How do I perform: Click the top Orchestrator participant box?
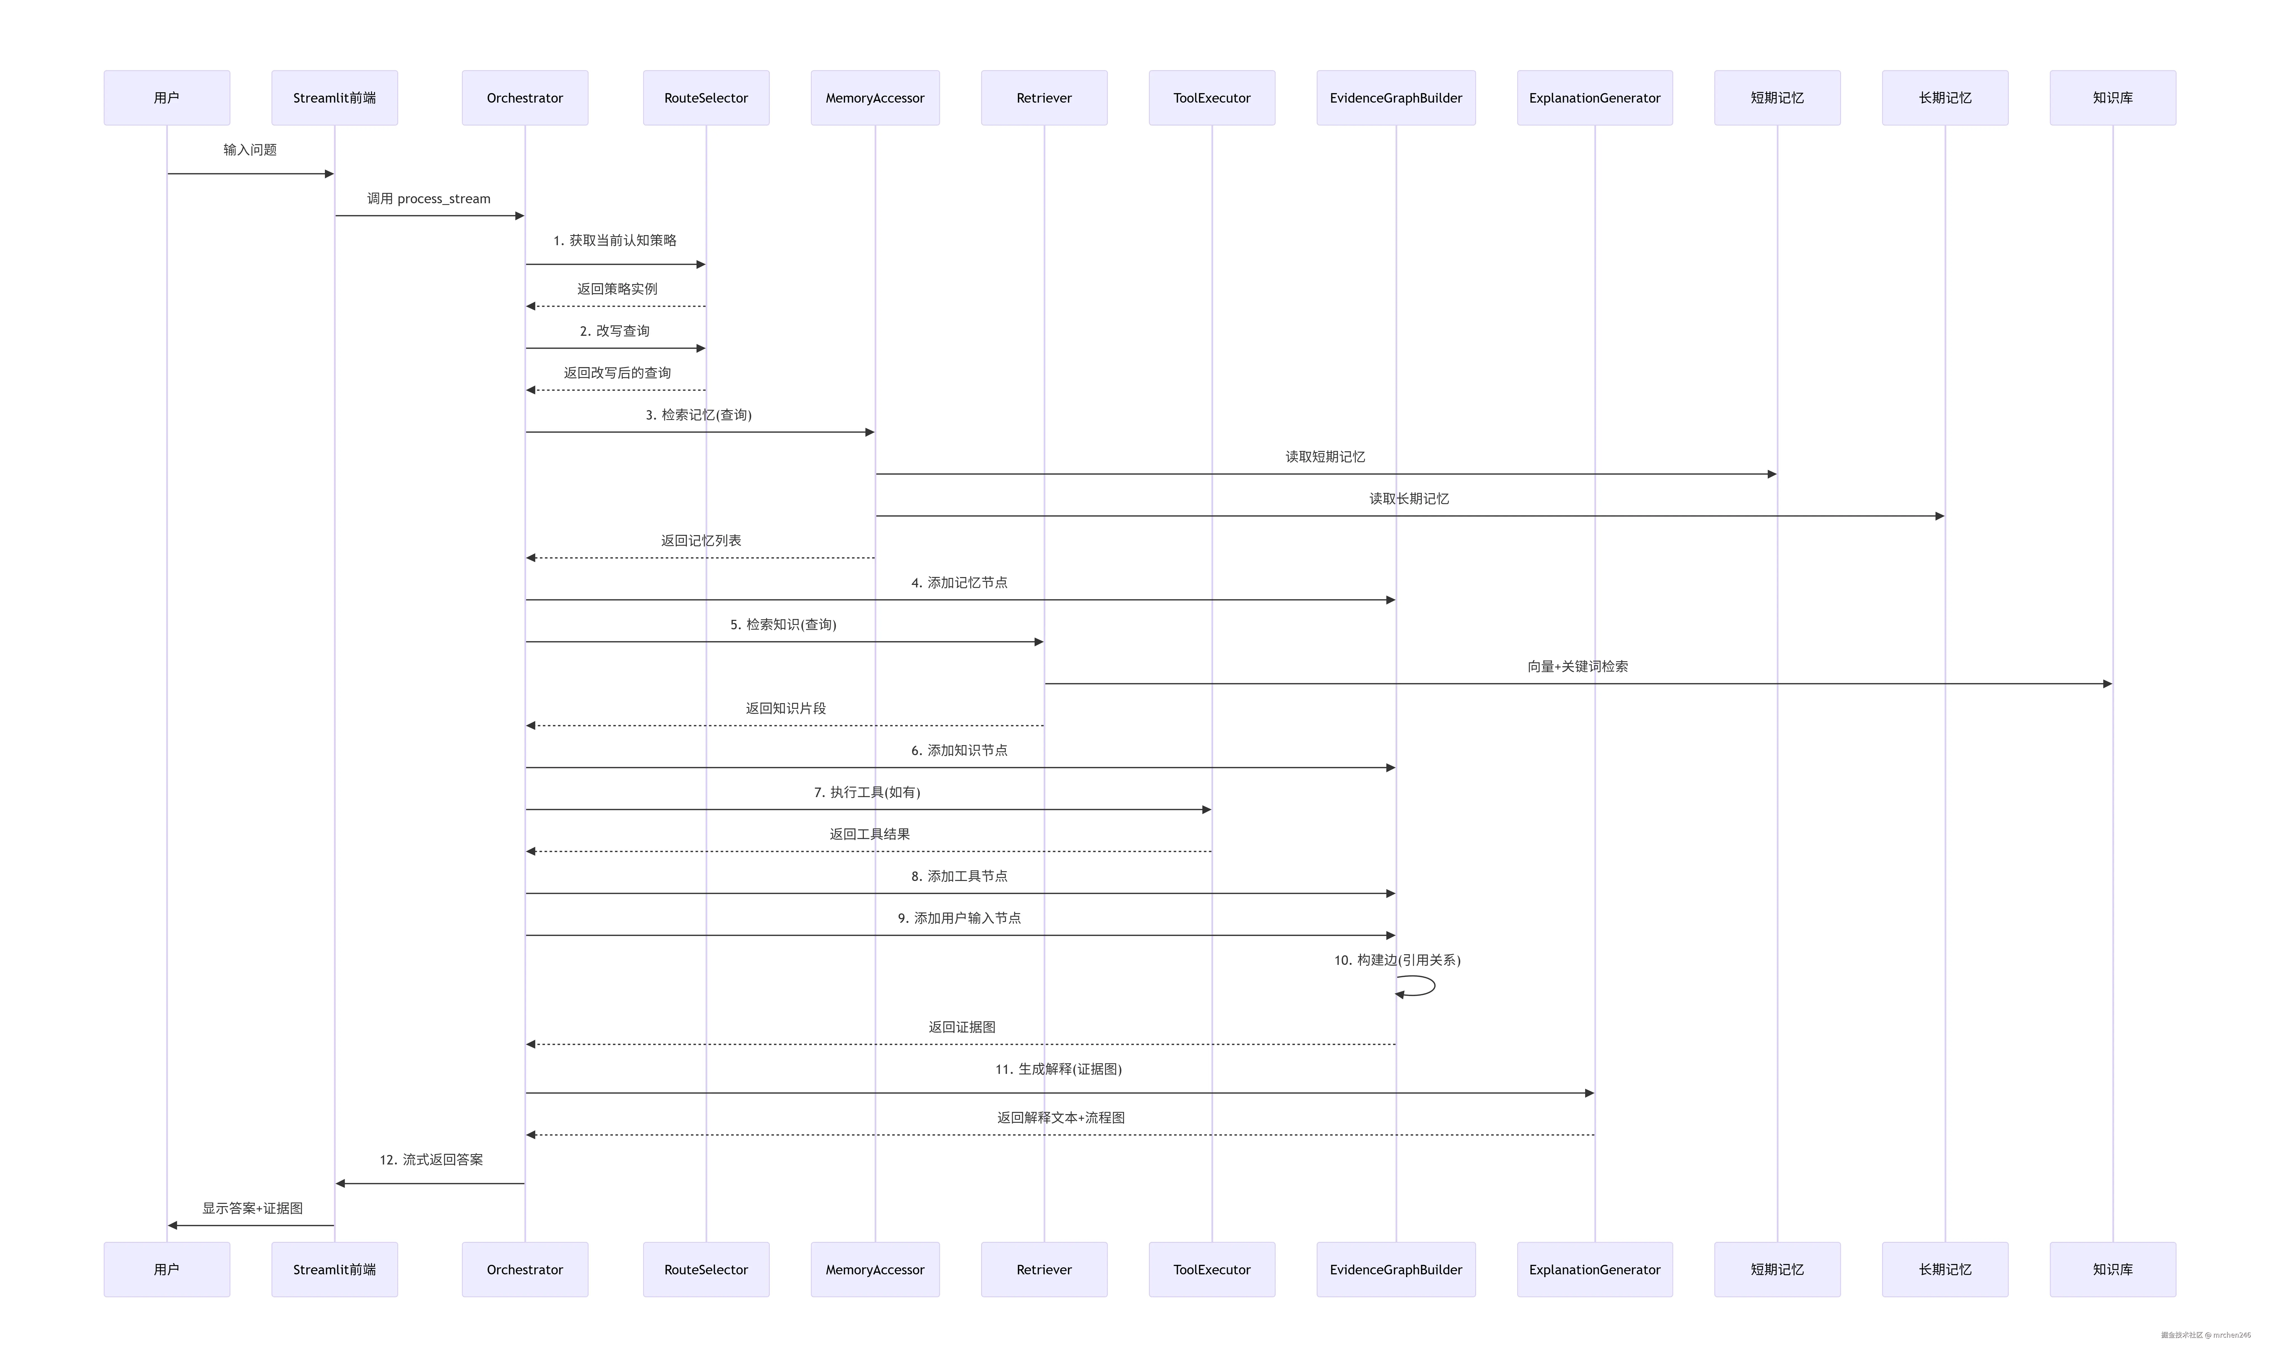click(x=525, y=98)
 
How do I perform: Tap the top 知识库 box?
click(x=2112, y=98)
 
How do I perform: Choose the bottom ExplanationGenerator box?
click(x=1594, y=1269)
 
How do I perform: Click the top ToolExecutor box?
click(x=1212, y=98)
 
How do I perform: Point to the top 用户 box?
click(x=167, y=98)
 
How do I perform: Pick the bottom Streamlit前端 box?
click(x=335, y=1269)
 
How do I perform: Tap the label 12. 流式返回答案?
click(x=431, y=1160)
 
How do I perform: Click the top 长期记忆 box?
click(x=1944, y=98)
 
